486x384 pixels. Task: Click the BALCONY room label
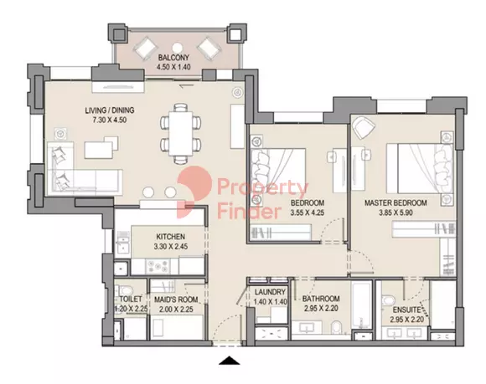click(x=173, y=58)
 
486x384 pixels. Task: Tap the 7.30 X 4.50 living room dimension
click(x=110, y=120)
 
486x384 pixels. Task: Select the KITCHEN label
click(x=170, y=237)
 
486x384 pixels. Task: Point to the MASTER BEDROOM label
click(x=396, y=203)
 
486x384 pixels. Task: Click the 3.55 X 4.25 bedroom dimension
click(x=308, y=212)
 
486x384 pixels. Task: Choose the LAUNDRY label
click(x=270, y=292)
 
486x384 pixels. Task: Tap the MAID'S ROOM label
click(x=176, y=300)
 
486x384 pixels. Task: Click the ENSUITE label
click(x=406, y=310)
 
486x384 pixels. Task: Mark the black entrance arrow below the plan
click(x=230, y=361)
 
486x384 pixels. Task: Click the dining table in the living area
click(x=181, y=133)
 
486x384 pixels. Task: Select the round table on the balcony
click(x=178, y=48)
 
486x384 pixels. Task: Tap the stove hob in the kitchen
click(x=158, y=266)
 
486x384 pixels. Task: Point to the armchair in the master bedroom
click(x=364, y=127)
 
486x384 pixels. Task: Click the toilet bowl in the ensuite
click(x=387, y=300)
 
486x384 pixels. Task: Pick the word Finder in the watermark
click(x=250, y=212)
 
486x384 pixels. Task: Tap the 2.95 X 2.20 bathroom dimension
click(x=321, y=309)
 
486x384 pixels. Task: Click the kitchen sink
click(x=122, y=242)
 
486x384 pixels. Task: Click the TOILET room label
click(x=131, y=300)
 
